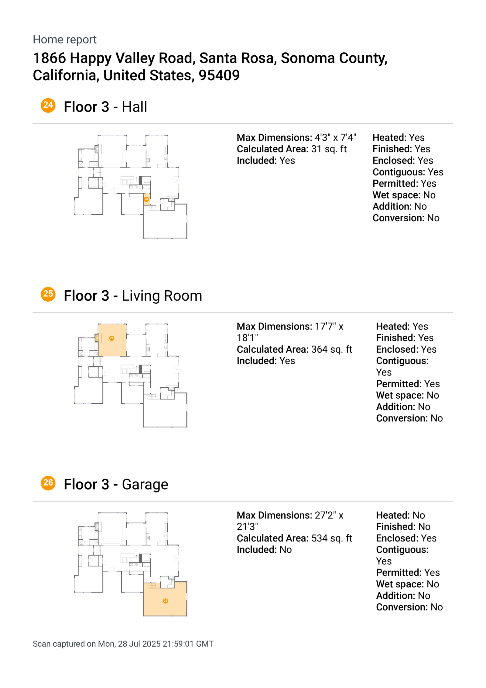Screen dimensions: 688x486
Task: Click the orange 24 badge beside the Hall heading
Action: coord(48,105)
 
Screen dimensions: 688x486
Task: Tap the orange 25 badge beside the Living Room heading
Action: coord(48,294)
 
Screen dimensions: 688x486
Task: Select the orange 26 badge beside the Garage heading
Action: coord(48,483)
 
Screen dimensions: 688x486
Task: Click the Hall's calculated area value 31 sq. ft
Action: coord(329,149)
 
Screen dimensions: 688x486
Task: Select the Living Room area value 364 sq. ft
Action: coord(331,349)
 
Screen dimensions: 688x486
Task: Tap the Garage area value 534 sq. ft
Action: coord(331,538)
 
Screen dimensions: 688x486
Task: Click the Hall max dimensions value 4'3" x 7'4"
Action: coord(335,137)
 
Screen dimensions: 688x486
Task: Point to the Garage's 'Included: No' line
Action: coord(264,550)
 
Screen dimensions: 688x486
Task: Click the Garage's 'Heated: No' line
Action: coord(400,515)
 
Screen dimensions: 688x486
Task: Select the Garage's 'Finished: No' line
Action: coord(403,527)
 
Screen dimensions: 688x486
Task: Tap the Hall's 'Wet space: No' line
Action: coord(404,195)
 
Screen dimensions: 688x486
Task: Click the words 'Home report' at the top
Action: coord(64,40)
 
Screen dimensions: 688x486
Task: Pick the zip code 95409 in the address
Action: coord(219,75)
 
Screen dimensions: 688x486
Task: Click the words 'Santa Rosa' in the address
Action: coord(238,58)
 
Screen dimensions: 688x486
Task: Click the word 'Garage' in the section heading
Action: coord(145,484)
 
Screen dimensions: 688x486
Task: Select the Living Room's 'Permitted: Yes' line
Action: coord(408,384)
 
